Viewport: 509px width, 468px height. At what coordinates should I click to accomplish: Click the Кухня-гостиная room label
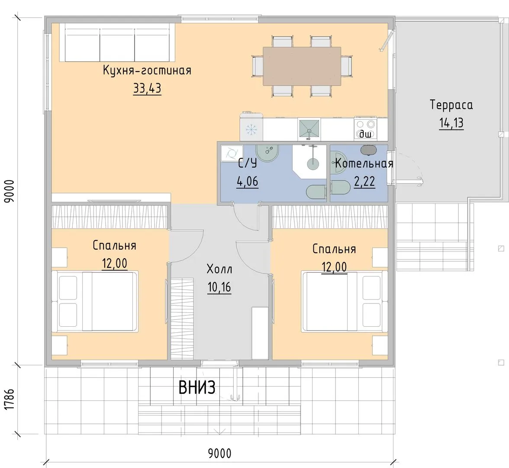click(x=147, y=70)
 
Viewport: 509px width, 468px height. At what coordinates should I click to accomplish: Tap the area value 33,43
click(x=147, y=88)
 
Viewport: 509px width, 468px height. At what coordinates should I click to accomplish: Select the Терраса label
click(x=451, y=105)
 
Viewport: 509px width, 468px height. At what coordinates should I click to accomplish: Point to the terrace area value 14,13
click(x=451, y=123)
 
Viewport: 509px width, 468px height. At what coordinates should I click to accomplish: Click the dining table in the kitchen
click(x=302, y=66)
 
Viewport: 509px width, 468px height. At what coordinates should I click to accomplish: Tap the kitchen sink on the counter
click(x=309, y=130)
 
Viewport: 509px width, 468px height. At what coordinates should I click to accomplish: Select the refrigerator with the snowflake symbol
click(x=251, y=127)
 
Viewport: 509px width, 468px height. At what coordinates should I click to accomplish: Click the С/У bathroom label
click(x=248, y=163)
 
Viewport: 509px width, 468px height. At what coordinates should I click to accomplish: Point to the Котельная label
click(x=364, y=163)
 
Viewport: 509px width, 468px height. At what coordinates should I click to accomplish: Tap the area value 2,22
click(x=364, y=181)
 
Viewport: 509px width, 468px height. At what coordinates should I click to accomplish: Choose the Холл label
click(x=219, y=269)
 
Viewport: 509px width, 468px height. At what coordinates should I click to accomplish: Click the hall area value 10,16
click(x=219, y=287)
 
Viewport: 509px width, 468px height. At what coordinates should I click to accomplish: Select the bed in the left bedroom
click(x=95, y=301)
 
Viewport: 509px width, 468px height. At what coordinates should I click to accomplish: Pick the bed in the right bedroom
click(x=345, y=301)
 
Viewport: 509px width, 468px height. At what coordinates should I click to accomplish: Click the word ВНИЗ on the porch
click(x=197, y=387)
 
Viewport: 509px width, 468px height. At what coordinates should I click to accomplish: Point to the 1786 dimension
click(x=10, y=399)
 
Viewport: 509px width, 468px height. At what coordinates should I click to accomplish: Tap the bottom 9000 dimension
click(x=220, y=453)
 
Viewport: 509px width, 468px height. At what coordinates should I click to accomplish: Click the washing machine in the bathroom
click(x=232, y=153)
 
